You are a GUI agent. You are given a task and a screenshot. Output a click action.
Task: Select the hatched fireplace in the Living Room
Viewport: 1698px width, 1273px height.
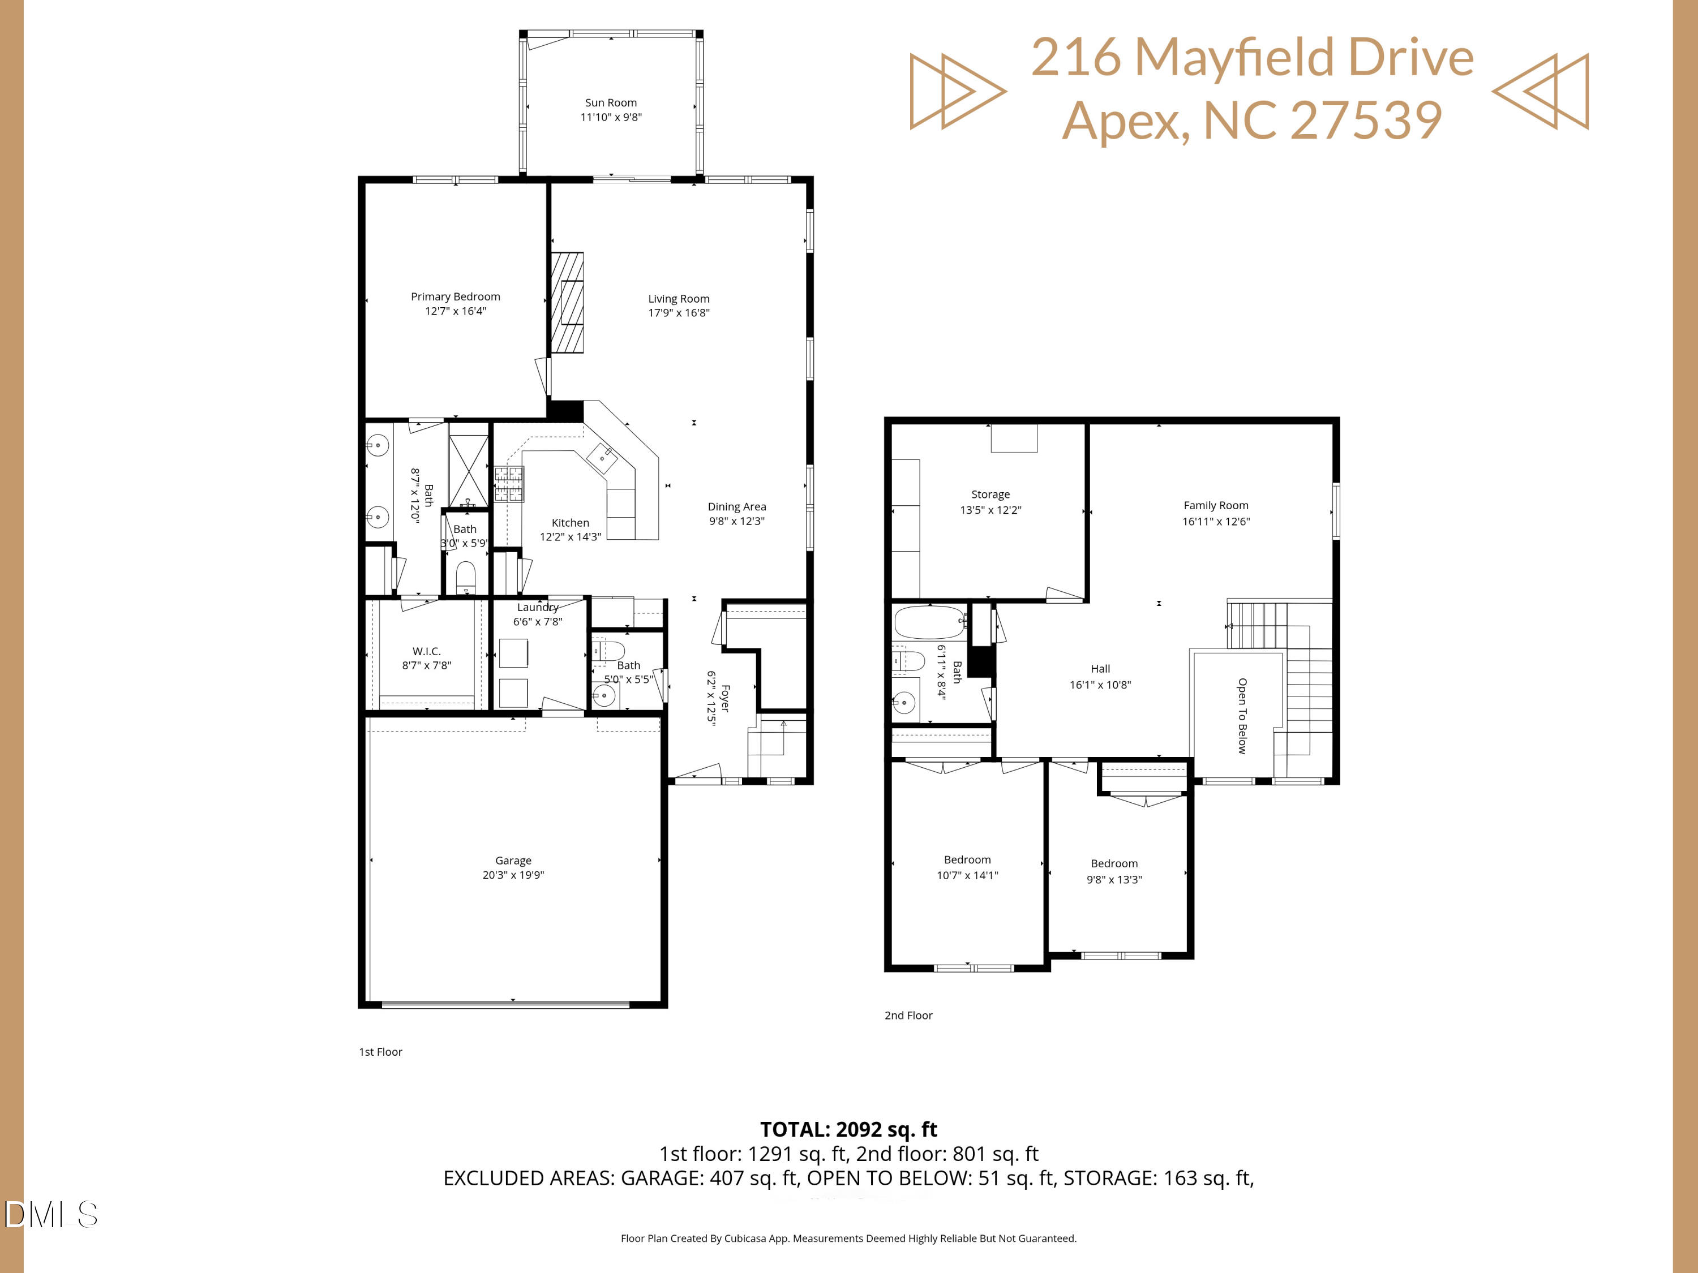pyautogui.click(x=567, y=303)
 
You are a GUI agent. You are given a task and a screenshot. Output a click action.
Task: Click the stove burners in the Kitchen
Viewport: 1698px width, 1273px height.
pyautogui.click(x=508, y=484)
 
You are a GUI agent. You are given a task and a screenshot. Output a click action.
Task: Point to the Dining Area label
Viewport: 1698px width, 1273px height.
pyautogui.click(x=736, y=506)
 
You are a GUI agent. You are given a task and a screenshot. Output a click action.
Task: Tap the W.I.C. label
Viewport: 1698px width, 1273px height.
pyautogui.click(x=426, y=651)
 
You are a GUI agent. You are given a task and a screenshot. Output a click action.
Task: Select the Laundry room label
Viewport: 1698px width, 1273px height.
pyautogui.click(x=537, y=608)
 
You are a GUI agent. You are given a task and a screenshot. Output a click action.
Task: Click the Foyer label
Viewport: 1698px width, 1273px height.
pyautogui.click(x=724, y=698)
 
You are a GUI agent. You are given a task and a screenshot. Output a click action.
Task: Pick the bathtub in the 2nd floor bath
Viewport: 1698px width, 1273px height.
pyautogui.click(x=929, y=622)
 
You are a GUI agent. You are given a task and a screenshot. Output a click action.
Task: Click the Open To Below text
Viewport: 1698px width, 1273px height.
pyautogui.click(x=1241, y=716)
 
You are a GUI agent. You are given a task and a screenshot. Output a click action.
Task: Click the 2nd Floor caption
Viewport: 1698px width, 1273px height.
pyautogui.click(x=908, y=1015)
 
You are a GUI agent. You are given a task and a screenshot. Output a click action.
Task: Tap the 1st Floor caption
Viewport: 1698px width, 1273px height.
pyautogui.click(x=380, y=1052)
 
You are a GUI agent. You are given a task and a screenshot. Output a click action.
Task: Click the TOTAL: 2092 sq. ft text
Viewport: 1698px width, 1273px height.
pyautogui.click(x=848, y=1129)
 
